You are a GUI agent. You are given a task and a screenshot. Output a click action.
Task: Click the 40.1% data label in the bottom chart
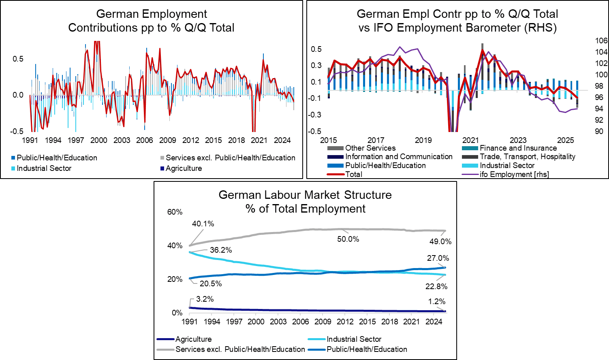(x=203, y=224)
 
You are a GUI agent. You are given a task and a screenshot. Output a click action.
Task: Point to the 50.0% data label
(x=348, y=239)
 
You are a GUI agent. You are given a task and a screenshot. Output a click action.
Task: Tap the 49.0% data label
(x=440, y=241)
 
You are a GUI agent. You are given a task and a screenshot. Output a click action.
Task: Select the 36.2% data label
(x=221, y=250)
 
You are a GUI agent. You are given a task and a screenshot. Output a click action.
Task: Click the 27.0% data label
(x=438, y=258)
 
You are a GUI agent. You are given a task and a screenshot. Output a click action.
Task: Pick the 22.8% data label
(x=436, y=286)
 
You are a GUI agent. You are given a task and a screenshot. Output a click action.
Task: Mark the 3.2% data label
(x=205, y=299)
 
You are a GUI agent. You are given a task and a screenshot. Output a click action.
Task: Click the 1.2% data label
(x=437, y=301)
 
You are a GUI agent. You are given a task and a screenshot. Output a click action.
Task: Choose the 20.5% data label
(x=211, y=283)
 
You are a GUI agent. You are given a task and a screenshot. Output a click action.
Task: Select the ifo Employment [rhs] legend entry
(x=514, y=174)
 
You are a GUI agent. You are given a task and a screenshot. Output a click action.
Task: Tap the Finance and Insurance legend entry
(x=518, y=148)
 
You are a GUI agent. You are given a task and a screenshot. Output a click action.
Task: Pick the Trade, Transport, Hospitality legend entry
(x=527, y=156)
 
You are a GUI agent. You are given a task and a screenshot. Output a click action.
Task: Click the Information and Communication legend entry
(x=399, y=156)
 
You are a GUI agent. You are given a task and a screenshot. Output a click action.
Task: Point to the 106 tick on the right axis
(x=601, y=40)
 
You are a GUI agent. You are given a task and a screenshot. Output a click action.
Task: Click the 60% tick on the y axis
(x=175, y=212)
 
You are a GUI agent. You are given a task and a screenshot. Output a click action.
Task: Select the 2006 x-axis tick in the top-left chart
(x=145, y=140)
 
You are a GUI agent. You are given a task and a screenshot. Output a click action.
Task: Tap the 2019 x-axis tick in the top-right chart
(x=423, y=140)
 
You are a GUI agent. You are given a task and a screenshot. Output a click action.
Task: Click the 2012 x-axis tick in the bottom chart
(x=345, y=321)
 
